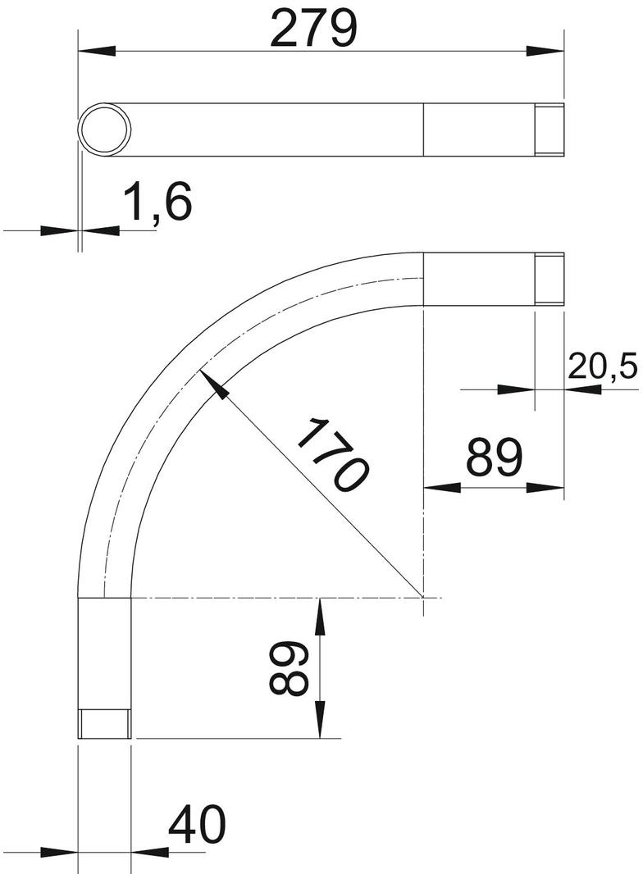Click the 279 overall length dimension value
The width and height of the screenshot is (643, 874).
coord(315,30)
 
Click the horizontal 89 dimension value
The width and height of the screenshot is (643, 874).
coord(494,457)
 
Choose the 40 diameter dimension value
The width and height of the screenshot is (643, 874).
coord(196,825)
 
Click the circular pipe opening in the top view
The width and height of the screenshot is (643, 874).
coord(105,130)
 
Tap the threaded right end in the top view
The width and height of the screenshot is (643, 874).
coord(550,130)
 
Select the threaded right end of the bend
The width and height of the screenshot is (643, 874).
coord(550,280)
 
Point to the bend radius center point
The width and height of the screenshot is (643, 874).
coord(423,598)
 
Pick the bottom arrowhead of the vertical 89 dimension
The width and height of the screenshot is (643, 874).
coord(318,725)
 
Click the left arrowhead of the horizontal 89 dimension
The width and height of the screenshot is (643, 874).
coord(438,488)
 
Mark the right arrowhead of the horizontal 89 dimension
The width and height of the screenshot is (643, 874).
coord(550,488)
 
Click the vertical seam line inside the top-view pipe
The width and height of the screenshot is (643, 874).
coord(423,130)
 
